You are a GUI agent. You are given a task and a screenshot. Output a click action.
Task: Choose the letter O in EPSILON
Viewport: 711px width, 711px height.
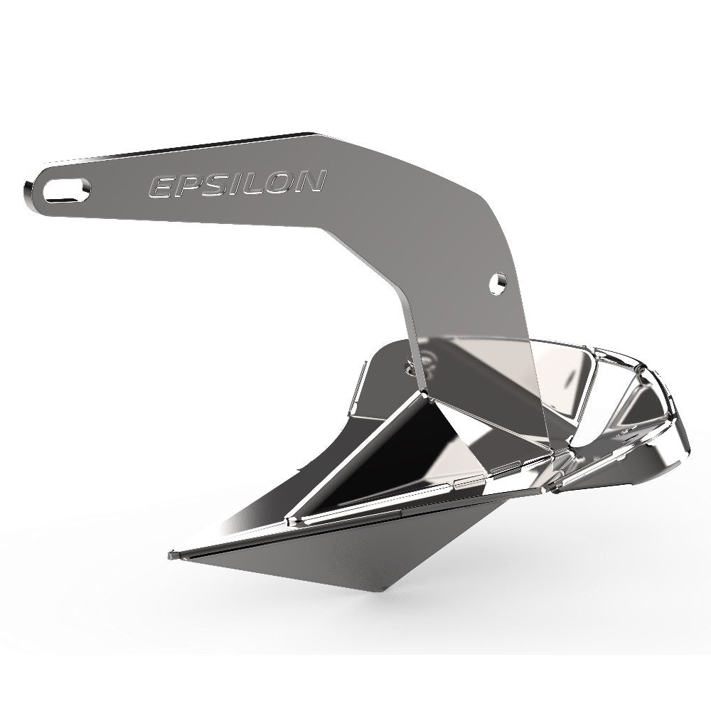pos(279,183)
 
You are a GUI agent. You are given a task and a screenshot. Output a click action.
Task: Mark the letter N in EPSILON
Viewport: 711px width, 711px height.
pos(311,182)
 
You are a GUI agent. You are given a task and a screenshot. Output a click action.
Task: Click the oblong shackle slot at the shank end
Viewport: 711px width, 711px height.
pos(68,189)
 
